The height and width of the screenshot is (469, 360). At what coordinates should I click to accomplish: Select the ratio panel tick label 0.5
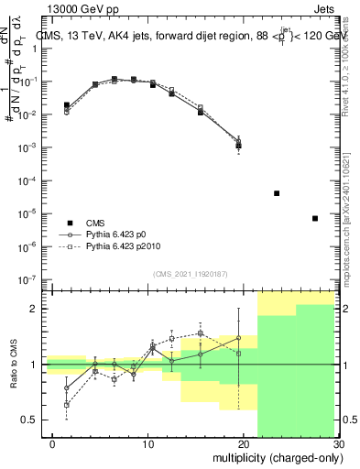click(27, 420)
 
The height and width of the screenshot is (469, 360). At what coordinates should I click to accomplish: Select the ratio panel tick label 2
click(32, 309)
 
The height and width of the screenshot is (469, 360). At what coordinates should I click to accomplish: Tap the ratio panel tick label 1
click(32, 365)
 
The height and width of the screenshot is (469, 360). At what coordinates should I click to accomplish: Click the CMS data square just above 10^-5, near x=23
click(277, 193)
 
